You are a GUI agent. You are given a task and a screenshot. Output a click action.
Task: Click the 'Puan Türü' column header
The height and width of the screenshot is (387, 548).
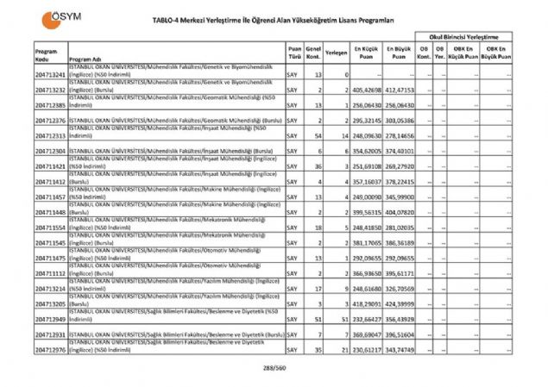[x=294, y=53]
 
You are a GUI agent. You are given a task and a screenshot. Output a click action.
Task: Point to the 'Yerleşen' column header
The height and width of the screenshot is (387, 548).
[x=337, y=53]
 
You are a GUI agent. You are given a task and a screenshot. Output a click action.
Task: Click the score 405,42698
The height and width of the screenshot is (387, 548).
[x=367, y=91]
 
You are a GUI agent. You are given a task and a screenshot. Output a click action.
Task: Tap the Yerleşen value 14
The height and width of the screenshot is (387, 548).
[x=343, y=135]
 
